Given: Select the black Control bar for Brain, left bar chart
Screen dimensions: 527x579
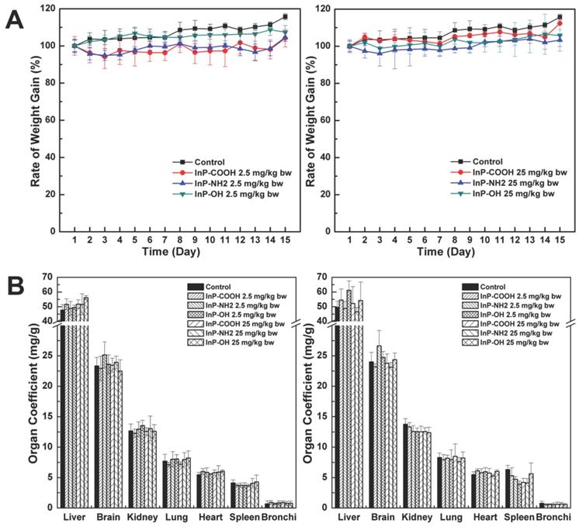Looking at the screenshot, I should [98, 436].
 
